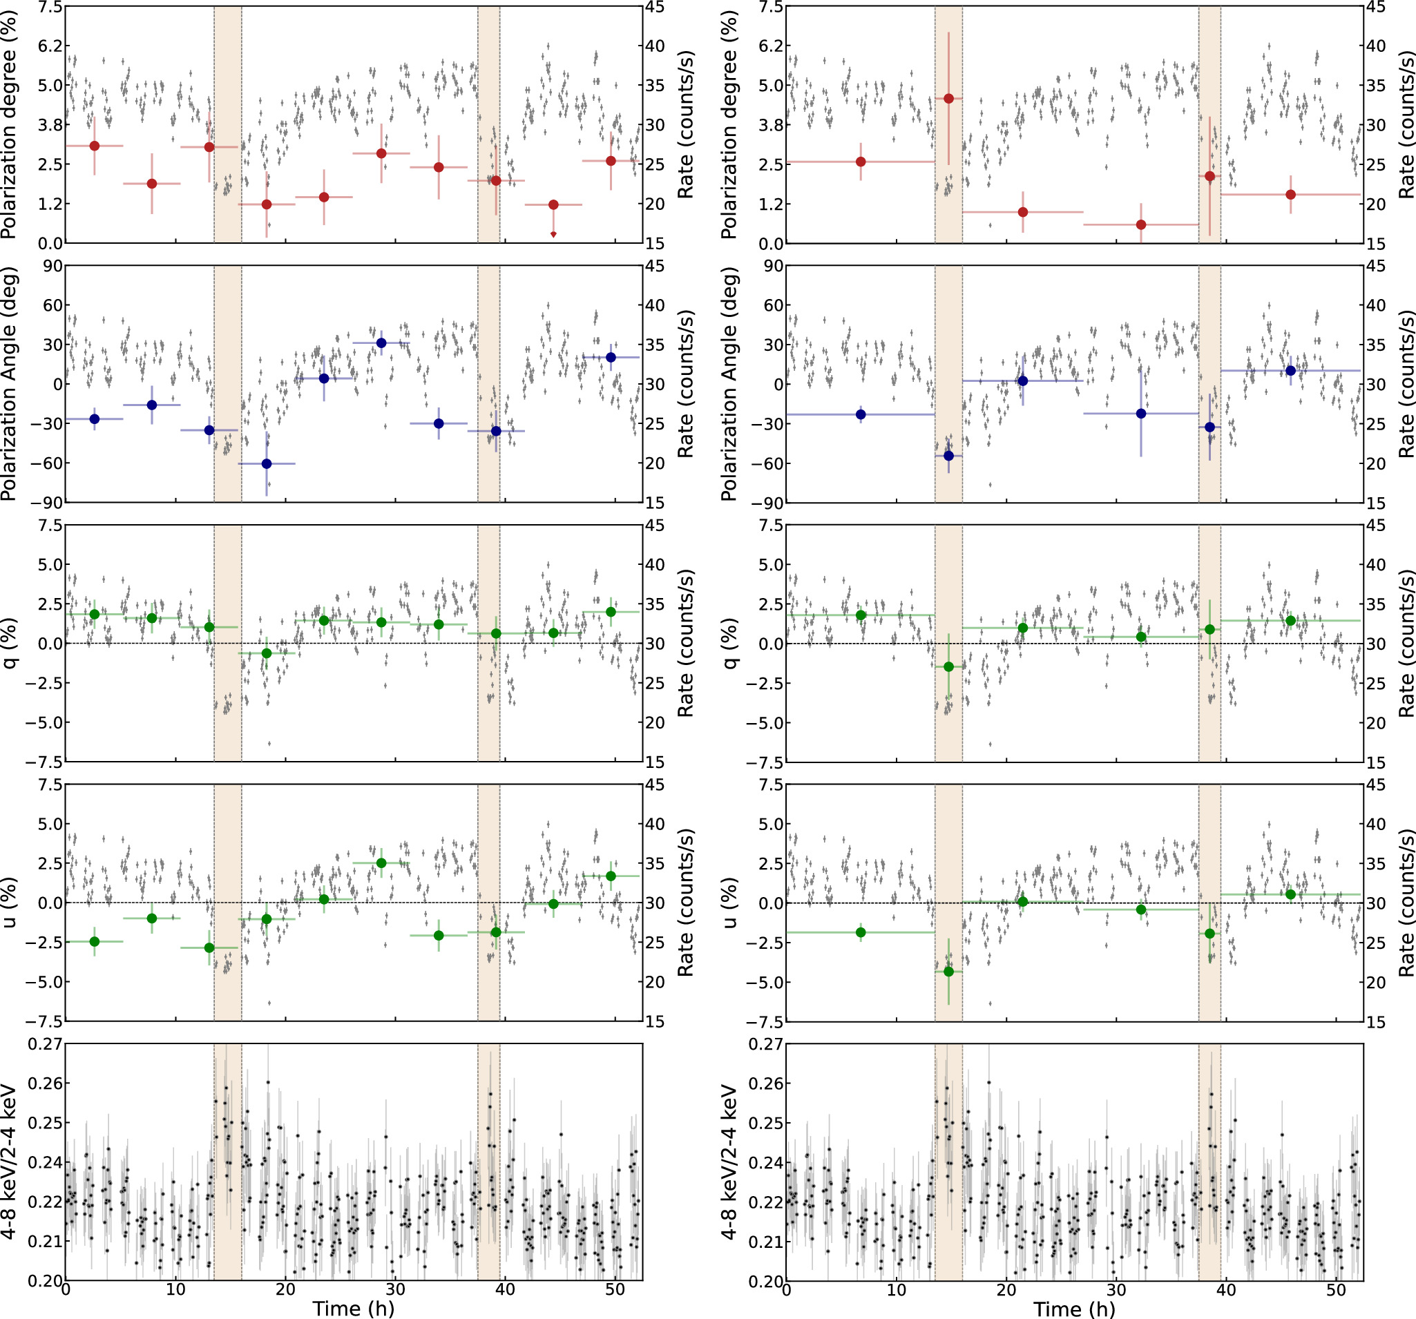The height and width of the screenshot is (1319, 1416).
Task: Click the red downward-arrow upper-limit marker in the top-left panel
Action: pyautogui.click(x=553, y=233)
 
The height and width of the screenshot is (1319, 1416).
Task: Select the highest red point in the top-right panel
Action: pyautogui.click(x=948, y=98)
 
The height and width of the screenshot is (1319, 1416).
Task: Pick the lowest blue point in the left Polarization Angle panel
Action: pyautogui.click(x=267, y=463)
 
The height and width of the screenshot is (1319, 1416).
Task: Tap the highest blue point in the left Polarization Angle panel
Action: pyautogui.click(x=381, y=343)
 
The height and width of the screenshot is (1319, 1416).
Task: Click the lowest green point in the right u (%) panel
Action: pyautogui.click(x=948, y=972)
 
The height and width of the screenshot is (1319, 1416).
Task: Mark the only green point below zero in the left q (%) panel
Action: pyautogui.click(x=267, y=653)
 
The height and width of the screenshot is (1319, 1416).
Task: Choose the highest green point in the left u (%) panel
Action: pyautogui.click(x=381, y=863)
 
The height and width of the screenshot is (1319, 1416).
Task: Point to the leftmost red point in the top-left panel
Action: pyautogui.click(x=94, y=146)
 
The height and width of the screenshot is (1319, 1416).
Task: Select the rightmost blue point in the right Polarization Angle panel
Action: pyautogui.click(x=1290, y=370)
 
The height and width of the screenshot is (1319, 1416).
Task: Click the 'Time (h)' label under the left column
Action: pyautogui.click(x=353, y=1307)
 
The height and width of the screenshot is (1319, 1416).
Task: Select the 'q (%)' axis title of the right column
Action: pyautogui.click(x=729, y=643)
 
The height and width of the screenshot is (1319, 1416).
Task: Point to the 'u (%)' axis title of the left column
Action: pyautogui.click(x=9, y=903)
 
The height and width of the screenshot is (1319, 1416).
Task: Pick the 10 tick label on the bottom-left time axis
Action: pyautogui.click(x=175, y=1289)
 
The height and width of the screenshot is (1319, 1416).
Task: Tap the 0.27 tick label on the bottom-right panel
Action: pyautogui.click(x=766, y=1044)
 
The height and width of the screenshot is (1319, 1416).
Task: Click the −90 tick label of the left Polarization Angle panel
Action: pyautogui.click(x=44, y=503)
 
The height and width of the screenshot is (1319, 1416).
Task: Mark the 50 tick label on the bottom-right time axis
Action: pyautogui.click(x=1337, y=1289)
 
